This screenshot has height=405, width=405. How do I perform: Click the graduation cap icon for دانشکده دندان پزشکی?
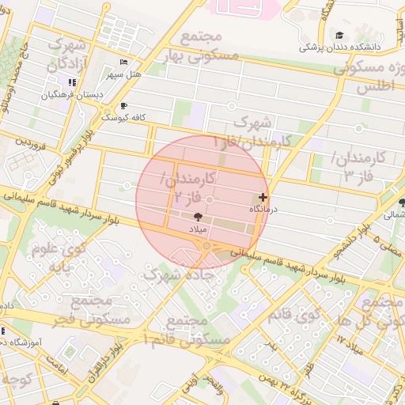tap(340, 36)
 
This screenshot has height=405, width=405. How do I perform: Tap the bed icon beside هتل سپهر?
tap(123, 62)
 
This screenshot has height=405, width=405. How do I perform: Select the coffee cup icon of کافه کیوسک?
tap(123, 105)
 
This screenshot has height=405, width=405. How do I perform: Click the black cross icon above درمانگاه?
tap(263, 196)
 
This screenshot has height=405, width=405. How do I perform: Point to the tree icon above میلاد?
tap(197, 215)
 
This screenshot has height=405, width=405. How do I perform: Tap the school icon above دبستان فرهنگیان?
tap(72, 82)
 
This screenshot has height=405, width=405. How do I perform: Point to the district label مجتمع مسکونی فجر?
tap(83, 310)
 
